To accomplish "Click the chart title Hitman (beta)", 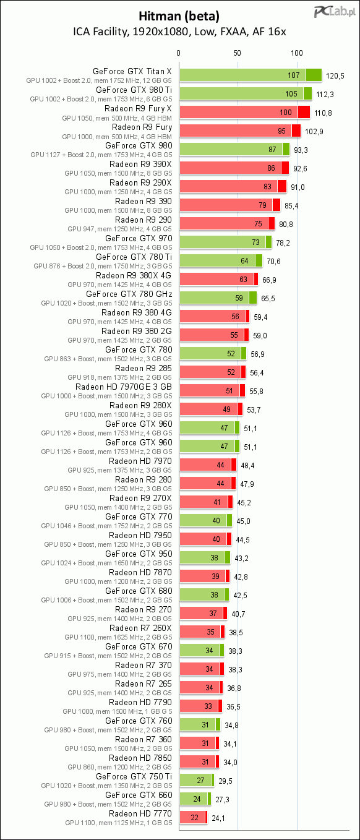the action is pos(179,16).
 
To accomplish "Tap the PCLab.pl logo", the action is pos(335,12).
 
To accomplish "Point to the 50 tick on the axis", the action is pos(237,53).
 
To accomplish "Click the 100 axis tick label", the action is pos(297,53).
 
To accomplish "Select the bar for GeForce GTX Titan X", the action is pos(251,75).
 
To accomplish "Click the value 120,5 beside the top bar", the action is pos(335,75).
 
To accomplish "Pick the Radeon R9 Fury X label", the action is pos(138,108).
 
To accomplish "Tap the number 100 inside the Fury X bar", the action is pos(285,112).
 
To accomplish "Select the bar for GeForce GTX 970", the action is pos(225,242).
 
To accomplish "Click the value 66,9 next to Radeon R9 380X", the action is pos(269,280).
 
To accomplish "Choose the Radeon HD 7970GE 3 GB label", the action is pos(123,387).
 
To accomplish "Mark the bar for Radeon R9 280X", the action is pos(211,409).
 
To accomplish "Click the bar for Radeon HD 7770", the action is pos(194,818).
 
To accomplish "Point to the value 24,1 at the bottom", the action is pos(218,818).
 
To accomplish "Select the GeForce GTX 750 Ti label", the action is pos(134,776).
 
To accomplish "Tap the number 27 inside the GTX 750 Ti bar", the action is pos(200,781).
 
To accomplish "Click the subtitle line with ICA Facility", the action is pos(179,32).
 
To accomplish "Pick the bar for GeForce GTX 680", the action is pos(204,594).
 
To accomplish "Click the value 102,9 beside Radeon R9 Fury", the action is pos(314,132).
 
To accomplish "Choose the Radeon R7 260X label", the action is pos(140,628).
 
